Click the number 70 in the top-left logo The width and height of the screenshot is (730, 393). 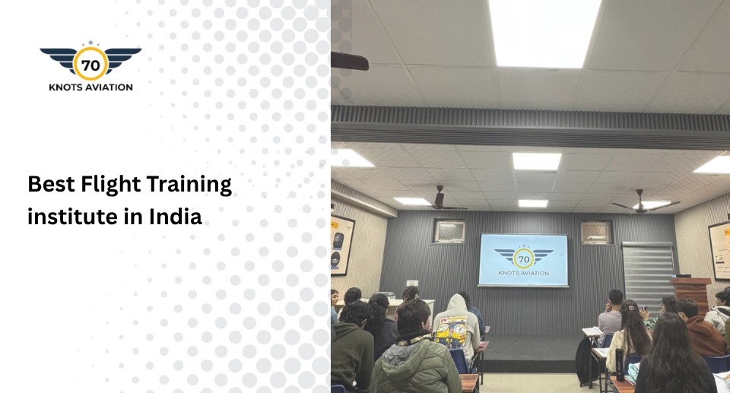click(90, 65)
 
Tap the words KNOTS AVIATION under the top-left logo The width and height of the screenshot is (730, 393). click(90, 87)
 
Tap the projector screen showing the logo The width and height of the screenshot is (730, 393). click(523, 259)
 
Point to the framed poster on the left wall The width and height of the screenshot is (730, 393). click(341, 244)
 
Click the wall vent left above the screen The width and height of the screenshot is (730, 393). click(449, 231)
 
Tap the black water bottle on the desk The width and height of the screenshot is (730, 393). click(620, 369)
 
